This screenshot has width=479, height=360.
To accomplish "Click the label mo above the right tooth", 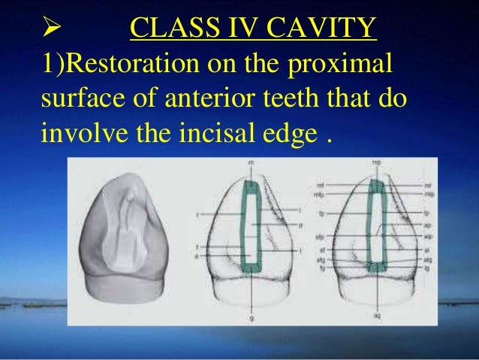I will (378, 163).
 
